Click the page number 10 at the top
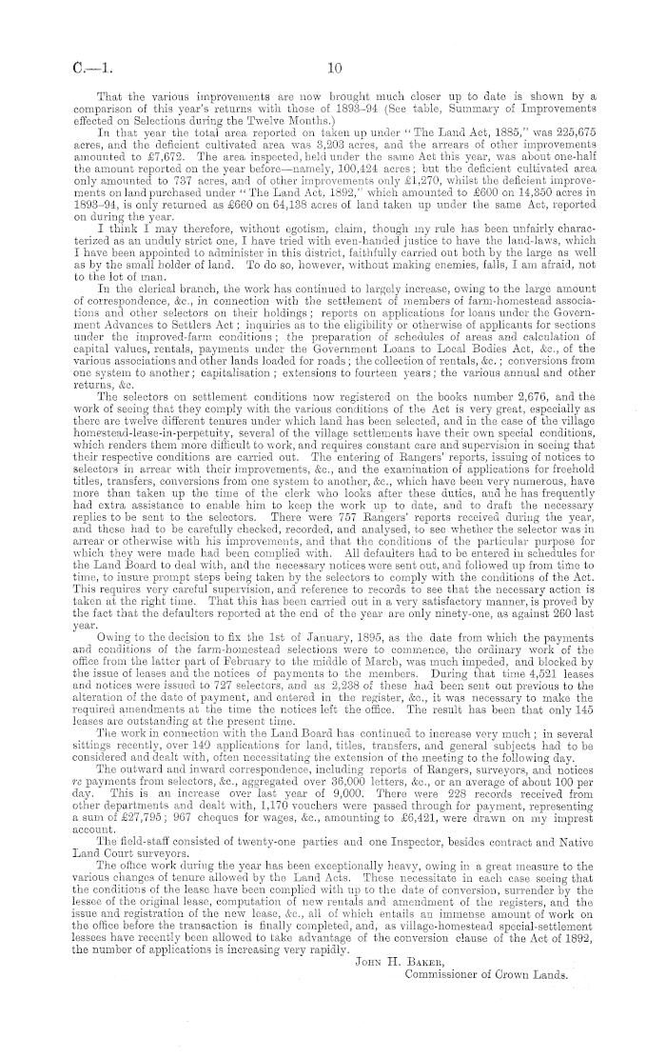[333, 68]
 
